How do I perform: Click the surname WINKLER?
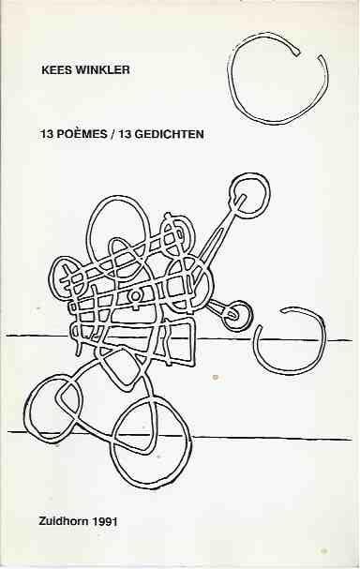tap(102, 69)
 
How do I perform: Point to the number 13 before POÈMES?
tap(47, 134)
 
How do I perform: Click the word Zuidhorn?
tap(64, 521)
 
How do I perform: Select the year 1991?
tap(104, 521)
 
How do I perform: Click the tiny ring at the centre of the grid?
tap(135, 296)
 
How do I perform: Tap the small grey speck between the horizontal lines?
tap(216, 378)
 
